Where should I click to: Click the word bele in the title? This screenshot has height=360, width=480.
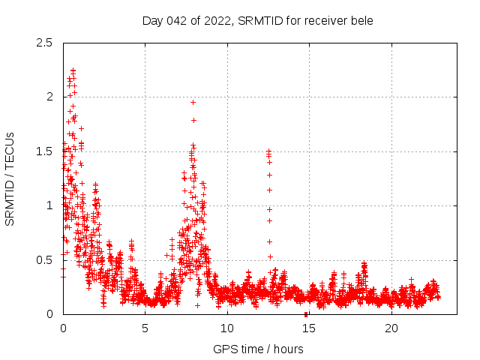(x=361, y=20)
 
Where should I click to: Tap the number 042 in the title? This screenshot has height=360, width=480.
(x=178, y=20)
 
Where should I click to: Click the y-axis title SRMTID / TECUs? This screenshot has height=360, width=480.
(x=10, y=178)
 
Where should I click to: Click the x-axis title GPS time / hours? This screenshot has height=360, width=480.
(x=258, y=349)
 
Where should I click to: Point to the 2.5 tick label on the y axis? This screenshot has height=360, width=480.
(x=44, y=43)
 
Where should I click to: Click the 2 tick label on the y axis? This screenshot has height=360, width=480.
(x=49, y=97)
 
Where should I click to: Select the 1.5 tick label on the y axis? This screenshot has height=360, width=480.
(x=44, y=151)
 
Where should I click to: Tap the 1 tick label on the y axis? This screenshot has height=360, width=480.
(x=49, y=205)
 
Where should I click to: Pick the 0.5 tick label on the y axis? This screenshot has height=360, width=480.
(x=44, y=260)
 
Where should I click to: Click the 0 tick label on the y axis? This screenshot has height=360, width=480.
(x=49, y=314)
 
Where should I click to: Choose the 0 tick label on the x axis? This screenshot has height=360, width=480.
(x=64, y=328)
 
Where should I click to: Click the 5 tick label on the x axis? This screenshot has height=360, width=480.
(x=145, y=328)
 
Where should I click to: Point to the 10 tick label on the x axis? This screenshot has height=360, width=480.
(x=227, y=328)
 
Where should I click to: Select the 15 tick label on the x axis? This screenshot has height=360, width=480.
(x=309, y=328)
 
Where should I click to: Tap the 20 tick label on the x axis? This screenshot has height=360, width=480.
(x=391, y=328)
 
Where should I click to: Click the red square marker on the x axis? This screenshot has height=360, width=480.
(x=306, y=314)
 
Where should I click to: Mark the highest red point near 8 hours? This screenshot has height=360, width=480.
(x=193, y=102)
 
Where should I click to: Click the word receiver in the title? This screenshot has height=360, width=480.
(x=319, y=20)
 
